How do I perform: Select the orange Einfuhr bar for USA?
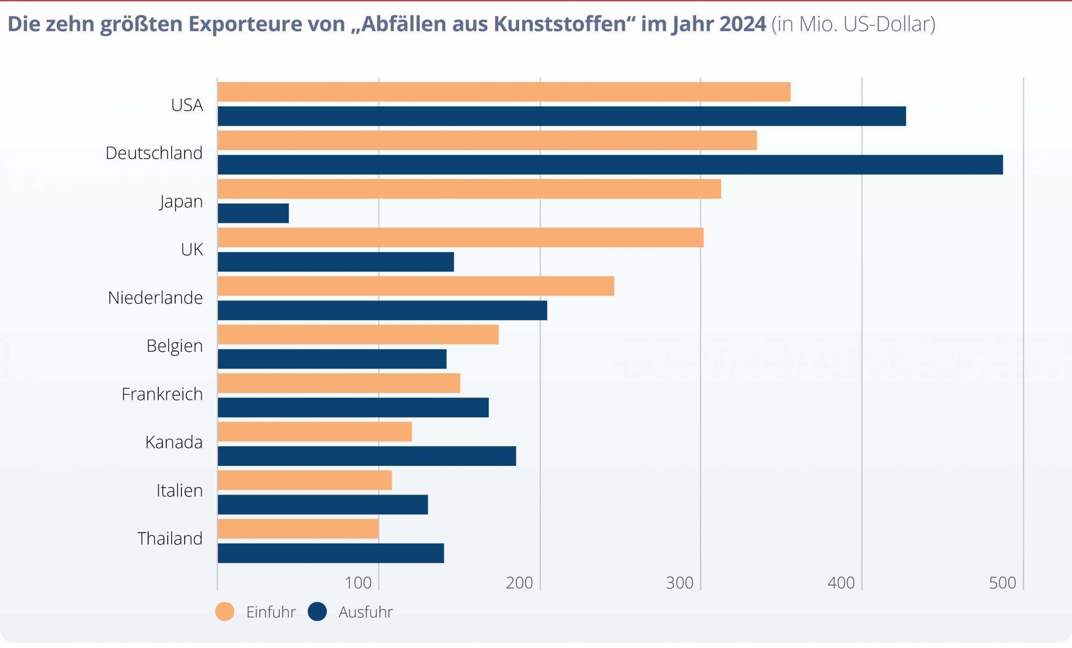tap(504, 92)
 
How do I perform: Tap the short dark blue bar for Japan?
tap(253, 213)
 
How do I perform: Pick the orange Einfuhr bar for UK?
tap(460, 237)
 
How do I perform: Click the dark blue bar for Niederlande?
tap(382, 311)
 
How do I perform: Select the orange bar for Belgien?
tap(358, 334)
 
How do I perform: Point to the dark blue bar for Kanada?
tap(367, 456)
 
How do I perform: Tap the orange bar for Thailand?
tap(298, 529)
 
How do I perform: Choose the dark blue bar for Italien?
tap(323, 504)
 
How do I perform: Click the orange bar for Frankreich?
tap(339, 383)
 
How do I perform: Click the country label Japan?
tap(181, 202)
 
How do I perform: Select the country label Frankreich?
tap(162, 394)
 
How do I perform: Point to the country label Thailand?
tap(170, 538)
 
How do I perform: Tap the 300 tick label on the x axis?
tap(680, 583)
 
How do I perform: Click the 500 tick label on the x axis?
tap(1002, 583)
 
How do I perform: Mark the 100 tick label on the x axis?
tap(358, 583)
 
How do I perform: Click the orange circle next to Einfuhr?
tap(225, 612)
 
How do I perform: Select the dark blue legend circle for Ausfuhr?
tap(317, 612)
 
